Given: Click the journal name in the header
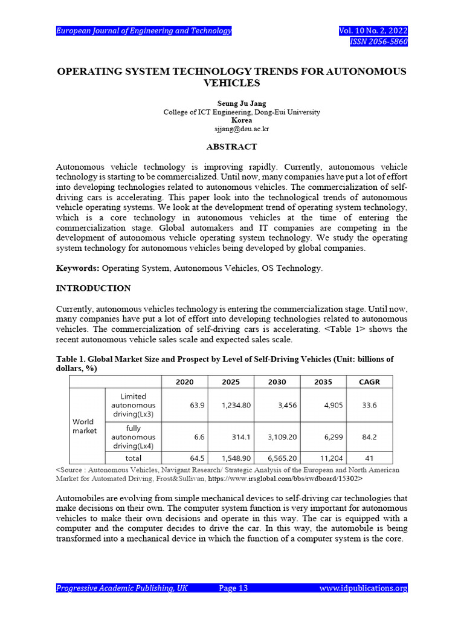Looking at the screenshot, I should (144, 31).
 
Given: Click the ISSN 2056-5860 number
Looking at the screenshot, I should (379, 42).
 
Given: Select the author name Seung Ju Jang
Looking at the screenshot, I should (241, 104).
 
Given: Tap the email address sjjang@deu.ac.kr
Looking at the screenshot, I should (241, 129).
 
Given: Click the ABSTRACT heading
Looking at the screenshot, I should (231, 147).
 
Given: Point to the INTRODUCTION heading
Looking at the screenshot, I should (93, 288).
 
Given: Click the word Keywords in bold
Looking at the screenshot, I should (77, 268).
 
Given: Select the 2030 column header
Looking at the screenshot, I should (277, 382).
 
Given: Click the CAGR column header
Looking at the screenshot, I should (369, 382).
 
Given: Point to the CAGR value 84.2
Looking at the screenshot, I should (369, 436).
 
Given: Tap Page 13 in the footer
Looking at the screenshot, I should (233, 588).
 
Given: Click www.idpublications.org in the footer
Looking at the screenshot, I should (363, 588).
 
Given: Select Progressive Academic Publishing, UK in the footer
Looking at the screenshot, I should (121, 588).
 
